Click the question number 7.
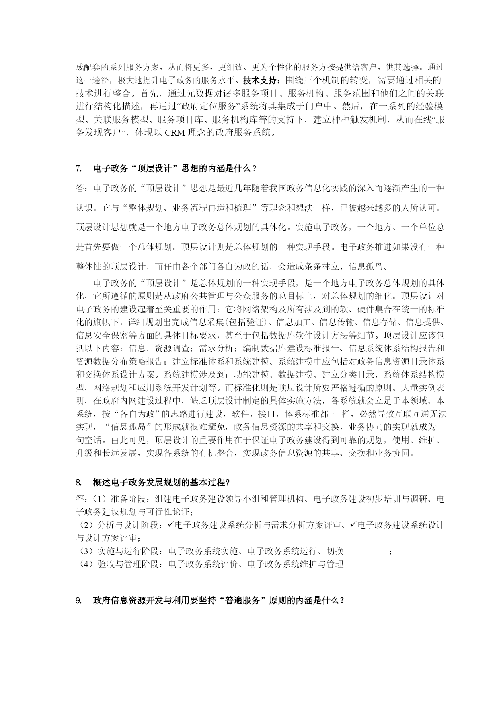point(78,169)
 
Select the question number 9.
point(78,600)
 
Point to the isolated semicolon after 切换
point(390,552)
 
